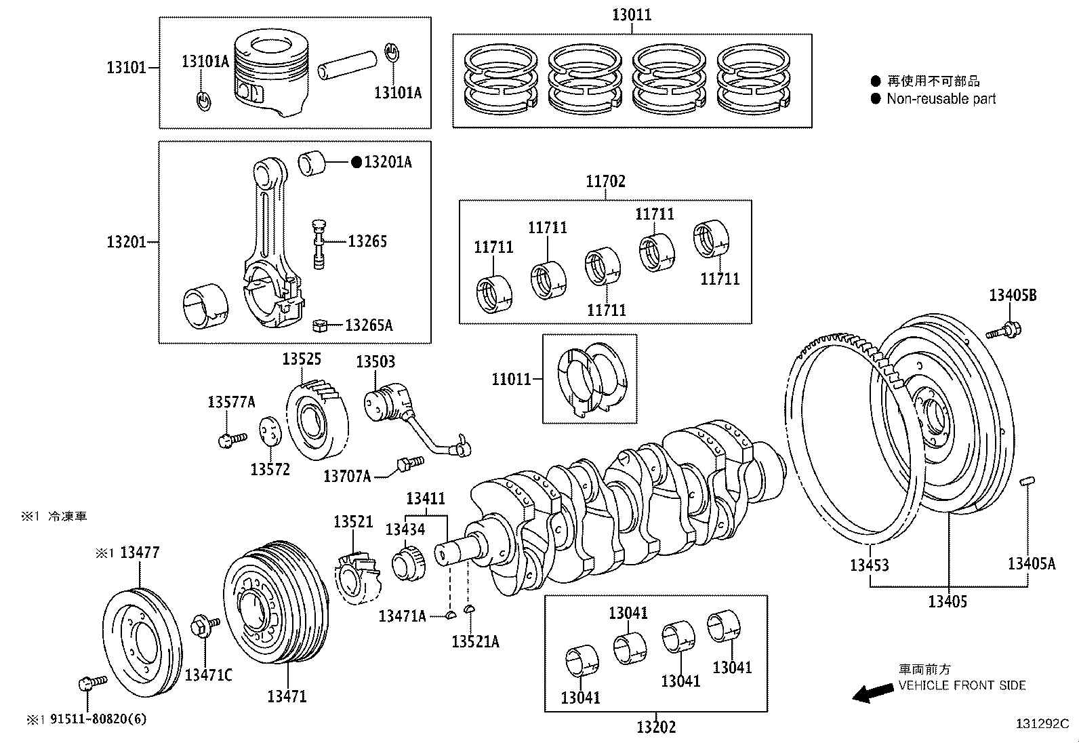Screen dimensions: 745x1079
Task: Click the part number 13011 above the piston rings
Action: point(632,14)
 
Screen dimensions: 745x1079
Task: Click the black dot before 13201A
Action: point(357,162)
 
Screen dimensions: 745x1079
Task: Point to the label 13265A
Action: point(369,325)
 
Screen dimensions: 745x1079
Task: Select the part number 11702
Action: point(605,181)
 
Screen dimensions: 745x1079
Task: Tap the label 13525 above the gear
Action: point(302,359)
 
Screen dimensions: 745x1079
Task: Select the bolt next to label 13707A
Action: point(408,463)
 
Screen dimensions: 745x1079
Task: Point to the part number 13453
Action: point(870,565)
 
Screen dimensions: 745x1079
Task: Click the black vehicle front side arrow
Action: point(873,693)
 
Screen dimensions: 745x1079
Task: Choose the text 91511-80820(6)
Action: point(98,719)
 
